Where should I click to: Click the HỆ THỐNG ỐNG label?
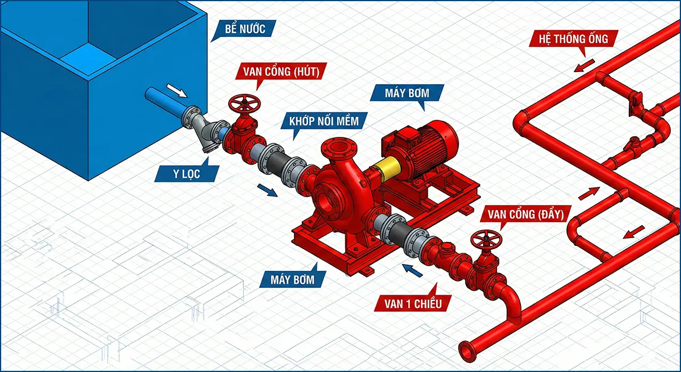point(569,39)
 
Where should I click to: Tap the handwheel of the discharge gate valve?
point(488,239)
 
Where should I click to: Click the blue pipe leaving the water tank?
point(162,101)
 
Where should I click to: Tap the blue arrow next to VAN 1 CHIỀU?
point(413,270)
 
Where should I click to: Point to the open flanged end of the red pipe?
point(468,348)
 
